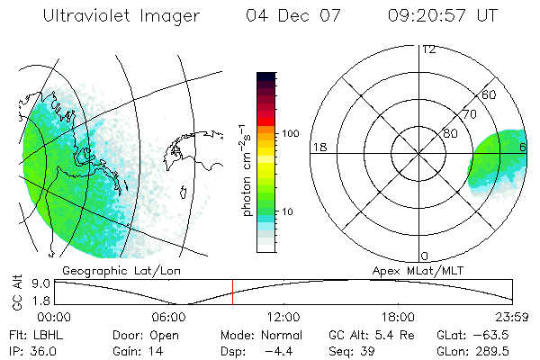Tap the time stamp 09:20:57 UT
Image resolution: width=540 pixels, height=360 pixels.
(x=442, y=17)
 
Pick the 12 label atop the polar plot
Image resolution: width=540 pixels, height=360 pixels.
(x=428, y=49)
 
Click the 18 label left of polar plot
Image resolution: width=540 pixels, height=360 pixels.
(x=319, y=147)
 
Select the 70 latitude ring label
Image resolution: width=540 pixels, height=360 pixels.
(x=468, y=114)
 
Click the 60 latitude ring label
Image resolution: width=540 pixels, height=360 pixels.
(x=488, y=94)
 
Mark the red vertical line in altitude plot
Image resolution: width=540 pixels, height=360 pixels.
(x=232, y=292)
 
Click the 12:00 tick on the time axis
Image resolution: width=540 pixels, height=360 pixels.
(x=283, y=317)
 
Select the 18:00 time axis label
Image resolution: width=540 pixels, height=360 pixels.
(x=398, y=317)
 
